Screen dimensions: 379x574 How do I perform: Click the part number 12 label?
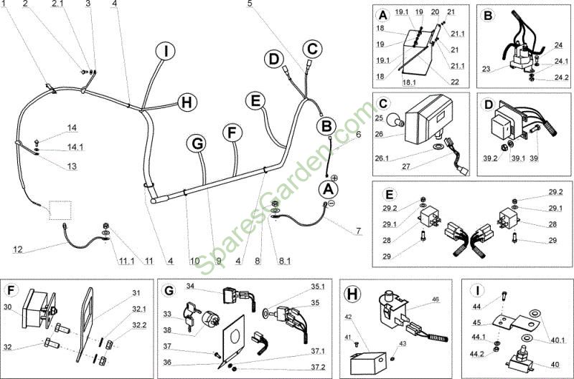[x=18, y=249]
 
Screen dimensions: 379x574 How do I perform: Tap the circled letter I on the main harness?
[x=166, y=52]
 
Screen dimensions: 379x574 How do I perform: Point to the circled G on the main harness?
[x=197, y=143]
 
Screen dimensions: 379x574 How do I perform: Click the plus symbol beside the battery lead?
[x=334, y=176]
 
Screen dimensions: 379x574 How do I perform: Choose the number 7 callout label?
[x=358, y=231]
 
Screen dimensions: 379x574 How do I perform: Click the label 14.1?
[x=75, y=147]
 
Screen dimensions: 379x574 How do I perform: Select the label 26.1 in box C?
[x=382, y=158]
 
